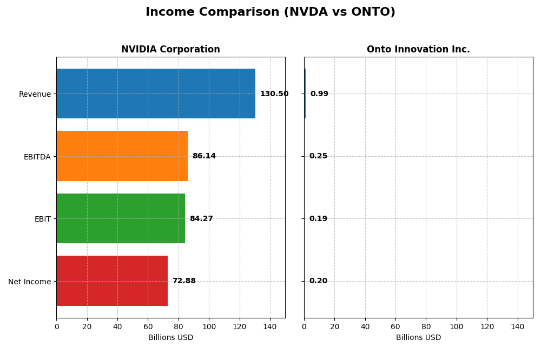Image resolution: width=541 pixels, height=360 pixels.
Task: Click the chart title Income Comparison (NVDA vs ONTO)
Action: click(x=270, y=12)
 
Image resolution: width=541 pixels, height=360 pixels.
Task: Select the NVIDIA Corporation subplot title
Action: click(x=170, y=49)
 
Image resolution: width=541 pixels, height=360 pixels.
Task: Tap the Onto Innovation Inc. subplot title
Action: click(x=418, y=49)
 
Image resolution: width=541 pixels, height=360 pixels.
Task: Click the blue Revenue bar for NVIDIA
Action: click(x=156, y=94)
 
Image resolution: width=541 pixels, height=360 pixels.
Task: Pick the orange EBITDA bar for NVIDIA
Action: click(x=122, y=156)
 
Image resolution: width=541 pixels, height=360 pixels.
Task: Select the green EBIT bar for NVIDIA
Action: click(x=121, y=218)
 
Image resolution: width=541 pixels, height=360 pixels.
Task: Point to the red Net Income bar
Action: click(x=112, y=281)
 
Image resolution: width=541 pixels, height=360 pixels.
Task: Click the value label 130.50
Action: click(x=274, y=94)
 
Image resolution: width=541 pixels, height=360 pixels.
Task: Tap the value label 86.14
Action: click(x=204, y=156)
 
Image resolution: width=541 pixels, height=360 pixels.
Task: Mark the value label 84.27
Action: click(x=201, y=219)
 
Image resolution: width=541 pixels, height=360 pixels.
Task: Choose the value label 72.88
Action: click(x=184, y=281)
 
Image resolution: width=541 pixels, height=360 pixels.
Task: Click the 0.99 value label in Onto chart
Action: click(x=319, y=94)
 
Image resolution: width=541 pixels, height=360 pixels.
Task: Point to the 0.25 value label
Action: click(x=318, y=156)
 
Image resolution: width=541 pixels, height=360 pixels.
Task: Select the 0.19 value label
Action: click(x=318, y=219)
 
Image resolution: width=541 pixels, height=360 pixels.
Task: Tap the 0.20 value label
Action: click(x=318, y=281)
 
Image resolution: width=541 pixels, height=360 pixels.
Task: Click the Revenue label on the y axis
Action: click(x=35, y=94)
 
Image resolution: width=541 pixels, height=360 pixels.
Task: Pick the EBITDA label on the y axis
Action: click(x=37, y=157)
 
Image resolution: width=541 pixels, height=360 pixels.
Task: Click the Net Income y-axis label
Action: click(x=29, y=282)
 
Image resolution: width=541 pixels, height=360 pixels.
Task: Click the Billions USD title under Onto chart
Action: click(x=418, y=338)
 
